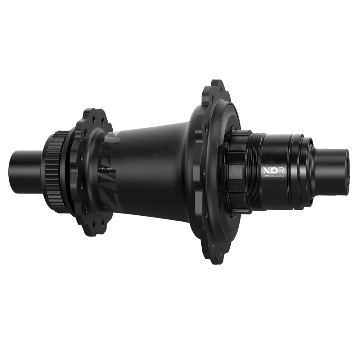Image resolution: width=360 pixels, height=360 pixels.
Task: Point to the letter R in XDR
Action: (282, 170)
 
